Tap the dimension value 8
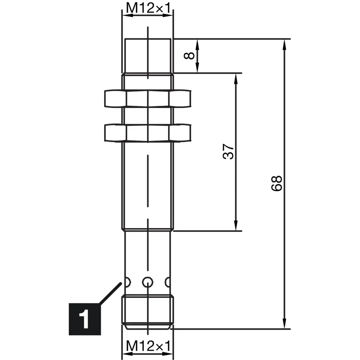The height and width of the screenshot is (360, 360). click(189, 55)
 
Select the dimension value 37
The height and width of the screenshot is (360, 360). click(228, 151)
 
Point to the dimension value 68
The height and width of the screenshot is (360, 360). click(276, 183)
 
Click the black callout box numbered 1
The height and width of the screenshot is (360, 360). click(85, 319)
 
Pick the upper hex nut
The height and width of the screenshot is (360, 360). click(148, 99)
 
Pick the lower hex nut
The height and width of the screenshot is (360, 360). click(148, 133)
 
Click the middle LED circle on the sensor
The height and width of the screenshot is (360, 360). click(148, 282)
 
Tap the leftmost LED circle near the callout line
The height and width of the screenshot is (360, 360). click(127, 282)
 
